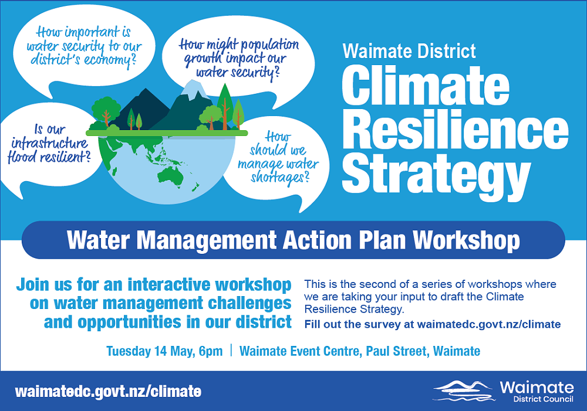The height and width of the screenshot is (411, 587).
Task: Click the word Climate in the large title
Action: (x=426, y=86)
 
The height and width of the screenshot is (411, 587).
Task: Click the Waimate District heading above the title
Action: (x=409, y=51)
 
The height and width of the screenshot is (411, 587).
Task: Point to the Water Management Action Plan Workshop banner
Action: (x=293, y=240)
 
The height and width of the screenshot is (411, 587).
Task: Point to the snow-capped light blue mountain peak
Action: (x=194, y=88)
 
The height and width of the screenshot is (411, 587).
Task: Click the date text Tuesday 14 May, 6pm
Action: (x=164, y=351)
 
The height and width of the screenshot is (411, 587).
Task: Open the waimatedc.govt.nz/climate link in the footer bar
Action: (x=108, y=392)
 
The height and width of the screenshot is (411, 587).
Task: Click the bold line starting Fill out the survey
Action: (x=432, y=324)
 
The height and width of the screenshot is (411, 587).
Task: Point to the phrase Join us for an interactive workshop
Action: (x=154, y=286)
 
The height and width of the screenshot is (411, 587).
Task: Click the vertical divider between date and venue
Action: (x=231, y=351)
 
